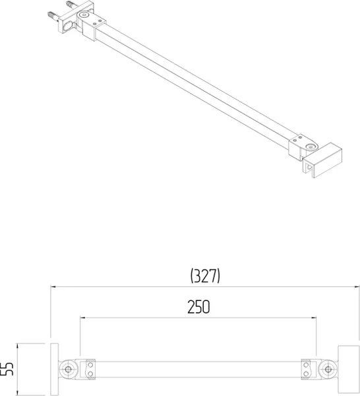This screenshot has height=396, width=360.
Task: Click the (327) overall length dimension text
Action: point(204,276)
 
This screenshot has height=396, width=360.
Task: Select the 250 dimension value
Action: point(198,307)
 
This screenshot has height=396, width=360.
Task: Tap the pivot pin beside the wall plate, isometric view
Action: point(84,15)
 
